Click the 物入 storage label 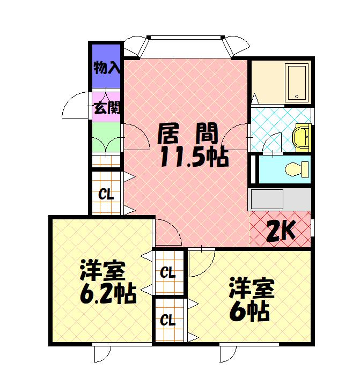click(106, 68)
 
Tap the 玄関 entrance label click(106, 107)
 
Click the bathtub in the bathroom click(296, 82)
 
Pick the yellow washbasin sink click(302, 137)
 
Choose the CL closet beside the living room click(106, 194)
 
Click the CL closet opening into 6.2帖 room click(168, 272)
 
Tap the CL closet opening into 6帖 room click(168, 321)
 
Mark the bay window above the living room click(186, 46)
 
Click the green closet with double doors click(106, 138)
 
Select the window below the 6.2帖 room click(101, 353)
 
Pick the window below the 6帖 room click(229, 353)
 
